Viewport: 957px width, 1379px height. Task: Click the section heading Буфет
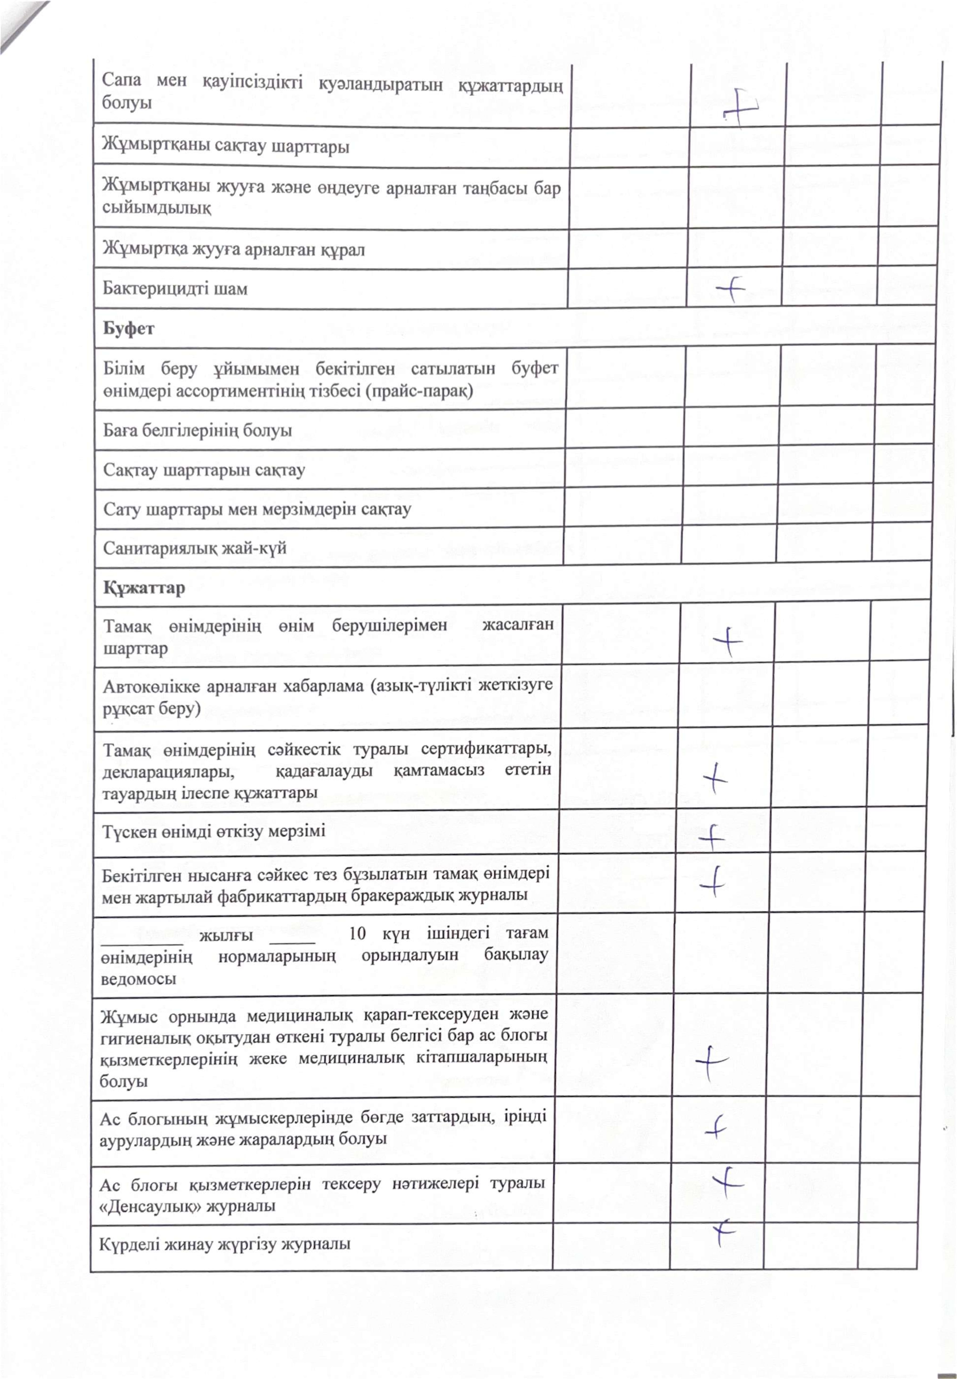[128, 329]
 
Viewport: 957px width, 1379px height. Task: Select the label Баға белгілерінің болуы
[197, 431]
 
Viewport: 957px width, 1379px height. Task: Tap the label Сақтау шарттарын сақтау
[204, 470]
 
